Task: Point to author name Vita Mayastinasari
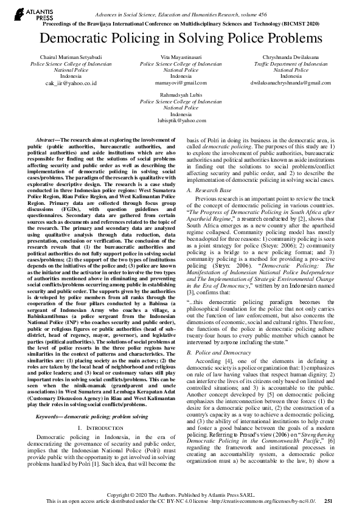[x=181, y=57]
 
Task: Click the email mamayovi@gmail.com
[x=181, y=83]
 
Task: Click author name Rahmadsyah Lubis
[x=181, y=95]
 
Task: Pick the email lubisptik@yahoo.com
[x=181, y=122]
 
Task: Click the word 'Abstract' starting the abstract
[x=48, y=139]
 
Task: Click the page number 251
[x=328, y=501]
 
